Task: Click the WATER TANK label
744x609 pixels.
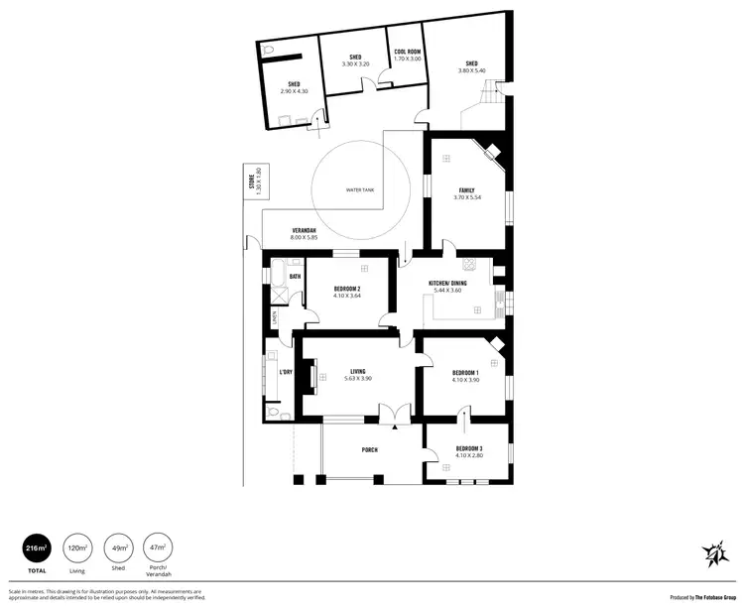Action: coord(358,189)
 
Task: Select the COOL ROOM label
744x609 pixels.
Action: coord(408,52)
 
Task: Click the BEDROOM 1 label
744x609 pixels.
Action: coord(465,373)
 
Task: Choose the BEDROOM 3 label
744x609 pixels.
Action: coord(468,449)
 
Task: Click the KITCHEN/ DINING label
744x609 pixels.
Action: coord(447,283)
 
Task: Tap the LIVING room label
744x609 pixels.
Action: coord(357,372)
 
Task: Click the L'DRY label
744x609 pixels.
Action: coord(286,372)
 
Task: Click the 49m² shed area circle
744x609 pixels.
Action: coord(118,547)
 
